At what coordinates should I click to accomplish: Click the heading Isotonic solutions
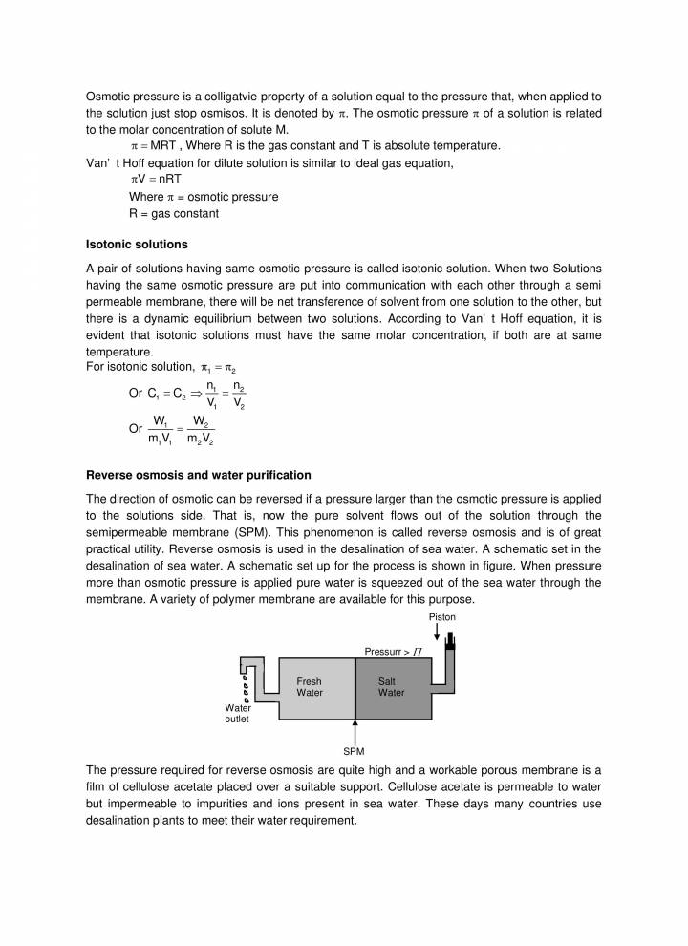coord(137,245)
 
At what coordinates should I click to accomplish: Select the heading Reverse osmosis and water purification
coord(198,475)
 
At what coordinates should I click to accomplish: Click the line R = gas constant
coord(173,213)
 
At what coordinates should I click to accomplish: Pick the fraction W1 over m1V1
coord(160,428)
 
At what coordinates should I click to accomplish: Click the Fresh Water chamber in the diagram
coord(309,687)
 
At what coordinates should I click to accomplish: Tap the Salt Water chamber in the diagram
coord(391,687)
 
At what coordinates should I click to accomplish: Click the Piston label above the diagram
coord(442,617)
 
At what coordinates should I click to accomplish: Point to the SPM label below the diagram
coord(354,750)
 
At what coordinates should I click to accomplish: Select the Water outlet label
coord(237,713)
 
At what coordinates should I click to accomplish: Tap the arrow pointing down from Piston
coord(437,634)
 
